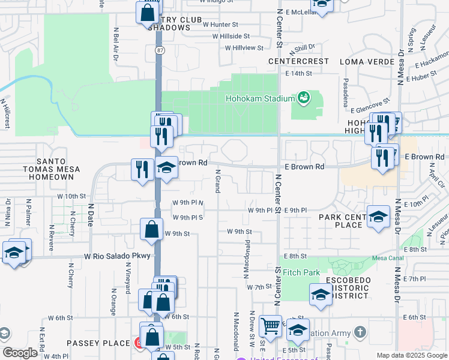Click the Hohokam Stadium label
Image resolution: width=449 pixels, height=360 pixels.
click(260, 98)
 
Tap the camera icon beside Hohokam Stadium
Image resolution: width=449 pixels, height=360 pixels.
click(303, 97)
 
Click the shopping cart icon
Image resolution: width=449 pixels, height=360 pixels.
click(271, 326)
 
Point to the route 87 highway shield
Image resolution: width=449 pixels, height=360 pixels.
click(158, 50)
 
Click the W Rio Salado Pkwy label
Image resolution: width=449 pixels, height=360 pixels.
click(118, 256)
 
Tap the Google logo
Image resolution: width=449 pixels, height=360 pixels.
click(20, 353)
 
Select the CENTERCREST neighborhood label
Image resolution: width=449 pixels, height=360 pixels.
click(299, 61)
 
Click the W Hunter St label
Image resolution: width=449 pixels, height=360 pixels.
click(221, 25)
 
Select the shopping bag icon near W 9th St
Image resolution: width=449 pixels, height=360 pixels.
click(152, 229)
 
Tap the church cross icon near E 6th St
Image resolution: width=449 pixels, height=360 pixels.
click(360, 332)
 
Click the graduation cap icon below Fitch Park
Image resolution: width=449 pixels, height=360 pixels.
click(321, 294)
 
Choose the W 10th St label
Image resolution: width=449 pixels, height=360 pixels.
click(72, 196)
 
